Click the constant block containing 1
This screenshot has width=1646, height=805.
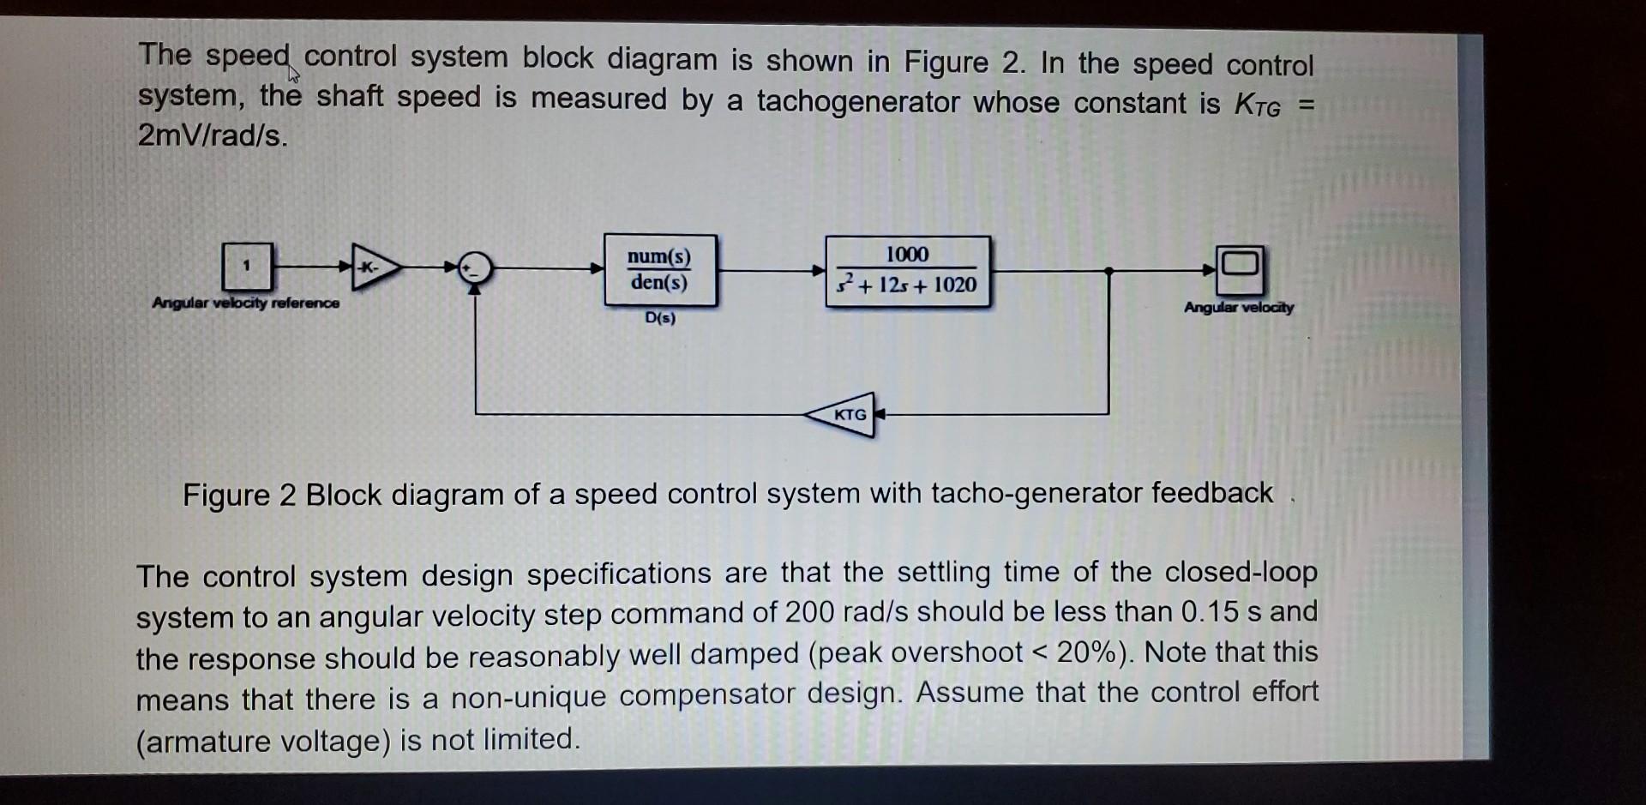247,267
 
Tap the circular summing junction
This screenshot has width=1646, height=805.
475,268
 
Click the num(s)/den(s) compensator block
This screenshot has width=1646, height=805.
659,270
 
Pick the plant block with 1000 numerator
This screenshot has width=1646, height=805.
907,271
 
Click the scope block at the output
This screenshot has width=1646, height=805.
1240,269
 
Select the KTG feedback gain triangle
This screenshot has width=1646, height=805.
844,415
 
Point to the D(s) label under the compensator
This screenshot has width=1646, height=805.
660,318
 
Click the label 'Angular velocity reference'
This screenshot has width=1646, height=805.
245,303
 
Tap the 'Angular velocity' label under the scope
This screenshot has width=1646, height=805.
1239,307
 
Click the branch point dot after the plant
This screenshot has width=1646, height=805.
1108,271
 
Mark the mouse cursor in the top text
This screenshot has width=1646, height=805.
294,74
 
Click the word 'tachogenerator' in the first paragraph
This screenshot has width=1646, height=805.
857,102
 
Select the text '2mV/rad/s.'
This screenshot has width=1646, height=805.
213,135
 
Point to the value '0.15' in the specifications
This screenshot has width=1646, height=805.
1210,611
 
